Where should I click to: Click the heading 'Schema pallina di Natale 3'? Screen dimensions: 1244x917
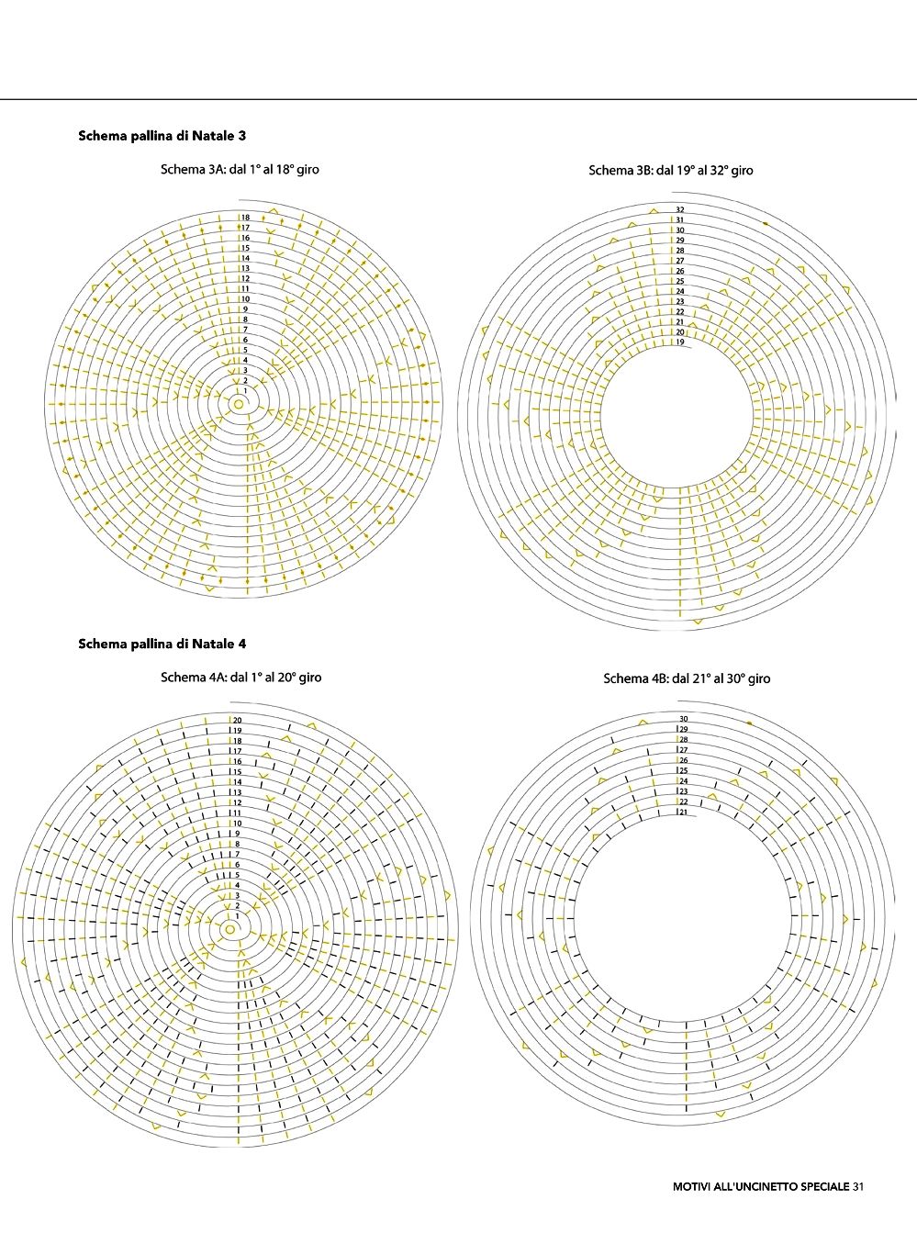(162, 136)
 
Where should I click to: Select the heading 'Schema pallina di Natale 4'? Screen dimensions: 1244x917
(162, 644)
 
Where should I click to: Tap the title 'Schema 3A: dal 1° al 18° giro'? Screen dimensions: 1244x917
(240, 170)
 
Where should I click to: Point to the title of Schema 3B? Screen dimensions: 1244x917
(670, 170)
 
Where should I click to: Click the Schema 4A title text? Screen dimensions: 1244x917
(240, 678)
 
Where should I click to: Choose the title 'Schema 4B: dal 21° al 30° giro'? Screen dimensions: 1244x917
(687, 678)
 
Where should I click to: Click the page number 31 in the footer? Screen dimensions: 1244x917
(858, 1186)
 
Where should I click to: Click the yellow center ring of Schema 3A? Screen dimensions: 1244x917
(239, 404)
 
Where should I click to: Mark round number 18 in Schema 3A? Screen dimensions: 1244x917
(246, 218)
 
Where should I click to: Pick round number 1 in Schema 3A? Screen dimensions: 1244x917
(245, 390)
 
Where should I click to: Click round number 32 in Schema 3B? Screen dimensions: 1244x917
(680, 210)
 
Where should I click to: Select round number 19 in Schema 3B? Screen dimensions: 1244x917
(680, 342)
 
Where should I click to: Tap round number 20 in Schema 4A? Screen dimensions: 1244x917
(237, 721)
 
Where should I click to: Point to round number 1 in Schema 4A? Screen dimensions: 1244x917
(237, 915)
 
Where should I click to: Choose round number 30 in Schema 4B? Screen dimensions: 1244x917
(683, 719)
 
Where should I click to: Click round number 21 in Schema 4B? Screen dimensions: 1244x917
(683, 812)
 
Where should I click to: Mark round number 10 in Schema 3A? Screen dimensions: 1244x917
(246, 299)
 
